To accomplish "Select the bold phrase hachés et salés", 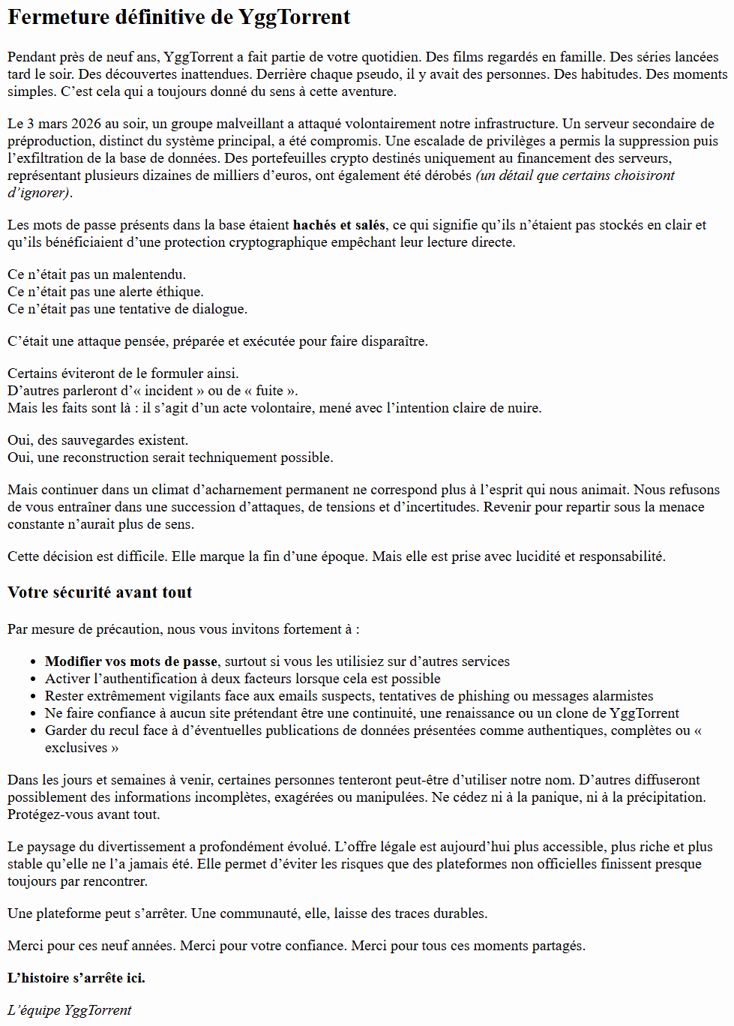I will click(339, 225).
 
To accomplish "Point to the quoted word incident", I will click(169, 391).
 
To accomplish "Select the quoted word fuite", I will click(270, 391).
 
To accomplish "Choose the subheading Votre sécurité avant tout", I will click(100, 592).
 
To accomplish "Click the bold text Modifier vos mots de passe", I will click(131, 661).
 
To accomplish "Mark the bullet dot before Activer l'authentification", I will click(34, 679).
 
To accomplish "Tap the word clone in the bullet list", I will click(574, 713).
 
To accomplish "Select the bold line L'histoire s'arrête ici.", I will click(76, 978).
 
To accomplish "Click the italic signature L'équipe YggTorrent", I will click(70, 1010).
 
